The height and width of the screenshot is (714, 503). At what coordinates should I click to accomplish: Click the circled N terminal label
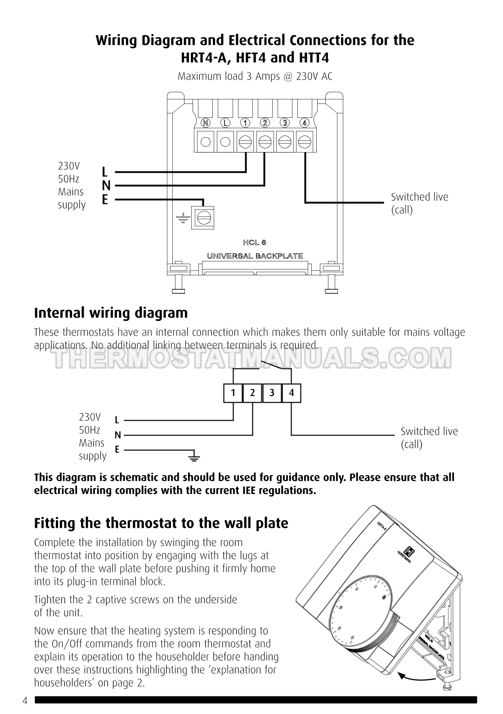coord(206,123)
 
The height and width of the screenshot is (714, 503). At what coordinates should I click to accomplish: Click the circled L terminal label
coord(225,123)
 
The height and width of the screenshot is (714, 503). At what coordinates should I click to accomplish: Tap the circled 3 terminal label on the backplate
coord(285,123)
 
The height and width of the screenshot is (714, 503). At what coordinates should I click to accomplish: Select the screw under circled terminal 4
coord(305,142)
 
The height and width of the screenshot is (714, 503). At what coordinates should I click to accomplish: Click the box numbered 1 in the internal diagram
coord(233,393)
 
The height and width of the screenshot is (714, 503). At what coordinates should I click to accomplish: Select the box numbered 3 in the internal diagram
coord(272,393)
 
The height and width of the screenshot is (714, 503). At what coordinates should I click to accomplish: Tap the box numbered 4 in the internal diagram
coord(291,393)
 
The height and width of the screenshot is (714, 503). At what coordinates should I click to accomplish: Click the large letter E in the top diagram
coord(105,199)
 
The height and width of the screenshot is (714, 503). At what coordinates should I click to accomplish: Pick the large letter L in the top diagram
coord(105,172)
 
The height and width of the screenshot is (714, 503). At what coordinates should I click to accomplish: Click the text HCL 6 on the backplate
coord(255,242)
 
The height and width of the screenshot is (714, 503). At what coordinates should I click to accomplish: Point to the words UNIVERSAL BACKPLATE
coord(255,256)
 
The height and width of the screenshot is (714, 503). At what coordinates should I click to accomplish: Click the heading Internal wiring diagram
coord(111,313)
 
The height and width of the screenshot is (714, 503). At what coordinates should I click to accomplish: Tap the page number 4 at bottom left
coord(25,701)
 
